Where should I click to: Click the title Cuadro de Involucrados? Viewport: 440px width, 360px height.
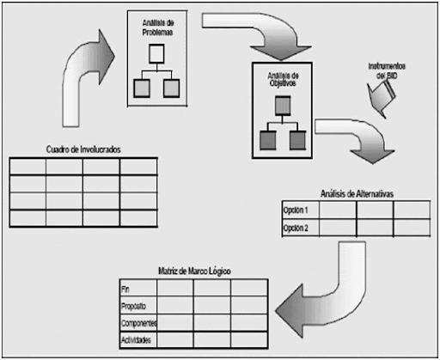83,149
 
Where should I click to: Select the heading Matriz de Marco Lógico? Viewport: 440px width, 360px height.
194,271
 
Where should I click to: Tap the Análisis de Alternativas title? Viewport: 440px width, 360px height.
357,194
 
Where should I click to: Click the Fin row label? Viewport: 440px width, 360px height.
125,290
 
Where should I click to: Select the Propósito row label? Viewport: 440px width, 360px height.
133,306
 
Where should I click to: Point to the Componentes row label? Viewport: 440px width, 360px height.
139,323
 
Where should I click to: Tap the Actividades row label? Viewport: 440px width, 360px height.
136,340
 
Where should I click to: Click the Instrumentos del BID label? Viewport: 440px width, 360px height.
387,70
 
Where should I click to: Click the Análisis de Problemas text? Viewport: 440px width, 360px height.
158,27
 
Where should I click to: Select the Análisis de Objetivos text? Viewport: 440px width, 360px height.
283,79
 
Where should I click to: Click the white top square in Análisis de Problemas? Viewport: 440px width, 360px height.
156,54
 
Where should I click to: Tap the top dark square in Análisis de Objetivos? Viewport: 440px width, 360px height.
283,106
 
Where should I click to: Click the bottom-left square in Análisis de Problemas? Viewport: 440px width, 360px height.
142,88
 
